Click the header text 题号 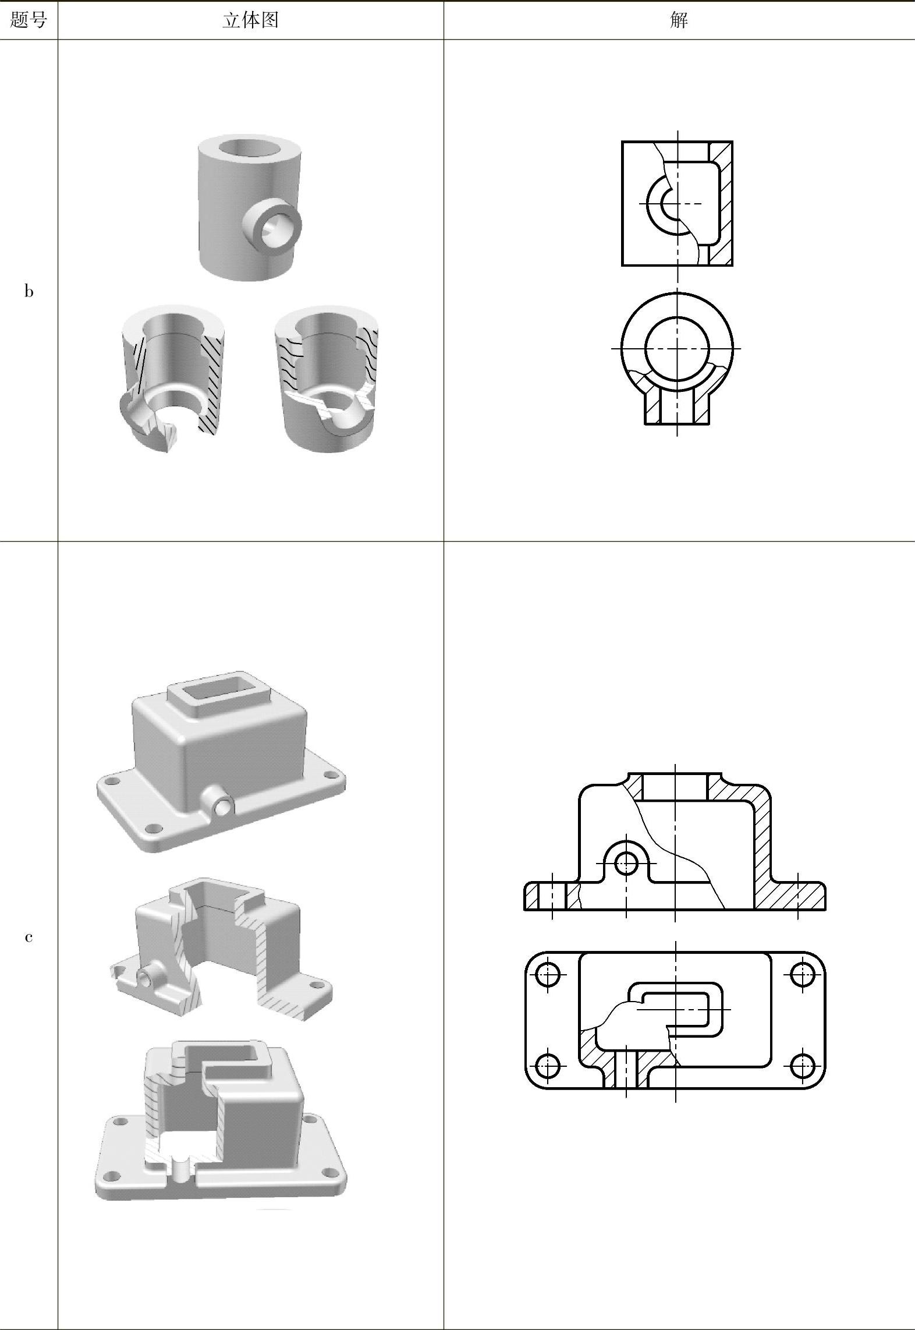[29, 20]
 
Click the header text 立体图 [250, 20]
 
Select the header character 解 [679, 20]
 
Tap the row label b [29, 291]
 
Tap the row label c [29, 937]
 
